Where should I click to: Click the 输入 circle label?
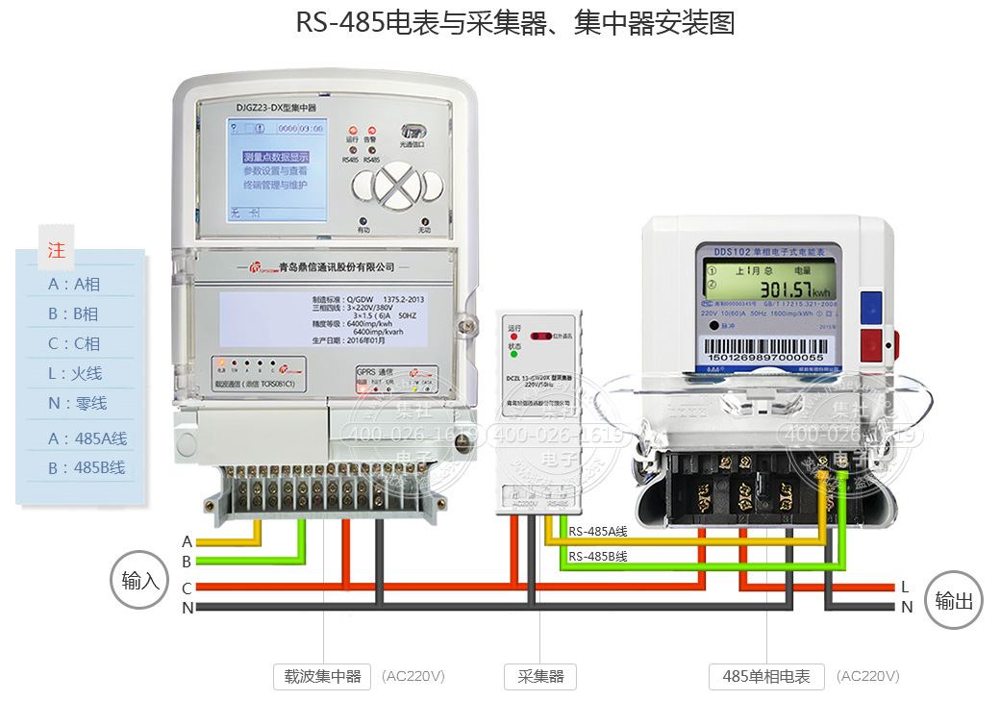(x=140, y=580)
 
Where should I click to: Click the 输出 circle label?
(x=954, y=601)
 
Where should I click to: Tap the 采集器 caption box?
(x=539, y=676)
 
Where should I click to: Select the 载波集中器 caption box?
(x=323, y=676)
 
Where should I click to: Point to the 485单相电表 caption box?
(x=766, y=676)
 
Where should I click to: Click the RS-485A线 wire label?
(x=597, y=531)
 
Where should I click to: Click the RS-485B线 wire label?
(x=597, y=556)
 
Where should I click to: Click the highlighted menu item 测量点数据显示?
(x=275, y=157)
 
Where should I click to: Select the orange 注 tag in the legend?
(x=57, y=250)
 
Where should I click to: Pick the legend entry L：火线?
(x=75, y=373)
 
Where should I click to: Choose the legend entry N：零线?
(x=75, y=404)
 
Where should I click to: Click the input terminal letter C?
(x=187, y=588)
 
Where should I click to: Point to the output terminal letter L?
(x=905, y=587)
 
